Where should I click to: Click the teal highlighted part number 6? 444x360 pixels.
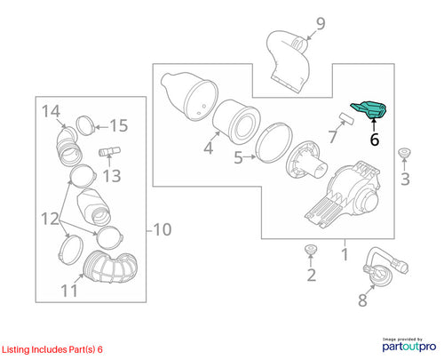point(370,109)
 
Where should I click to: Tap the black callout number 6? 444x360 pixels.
point(375,140)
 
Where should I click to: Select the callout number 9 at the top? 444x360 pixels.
point(321,24)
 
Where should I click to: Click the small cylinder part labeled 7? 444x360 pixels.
point(347,118)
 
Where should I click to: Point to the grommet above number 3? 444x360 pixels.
point(404,154)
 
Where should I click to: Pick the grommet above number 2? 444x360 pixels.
point(311,250)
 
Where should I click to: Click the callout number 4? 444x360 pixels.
point(209,148)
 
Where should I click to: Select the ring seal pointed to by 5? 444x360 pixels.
point(274,143)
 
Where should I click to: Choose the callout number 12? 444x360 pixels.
point(51,220)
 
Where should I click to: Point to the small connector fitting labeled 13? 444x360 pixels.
point(109,151)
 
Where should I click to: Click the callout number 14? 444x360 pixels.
point(51,112)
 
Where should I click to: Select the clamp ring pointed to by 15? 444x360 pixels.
point(85,125)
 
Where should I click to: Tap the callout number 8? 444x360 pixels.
point(362,300)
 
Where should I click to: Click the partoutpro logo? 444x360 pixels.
point(409,346)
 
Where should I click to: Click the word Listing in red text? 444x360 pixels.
point(16,349)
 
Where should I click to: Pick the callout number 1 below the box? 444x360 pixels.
point(345,254)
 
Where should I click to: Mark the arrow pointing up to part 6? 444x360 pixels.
point(374,124)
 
